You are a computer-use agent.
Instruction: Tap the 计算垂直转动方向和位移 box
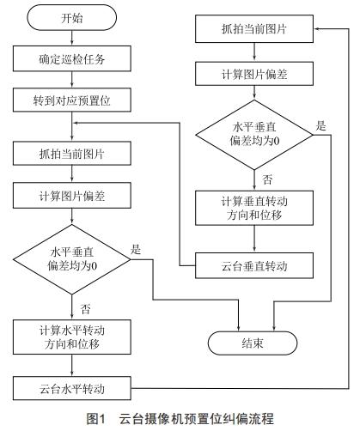pos(253,209)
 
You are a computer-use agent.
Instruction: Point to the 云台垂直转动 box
pos(253,264)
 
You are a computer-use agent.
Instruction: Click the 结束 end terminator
pos(253,343)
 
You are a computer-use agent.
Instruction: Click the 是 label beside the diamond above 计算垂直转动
pos(321,126)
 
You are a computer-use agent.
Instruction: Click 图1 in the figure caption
pos(96,419)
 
